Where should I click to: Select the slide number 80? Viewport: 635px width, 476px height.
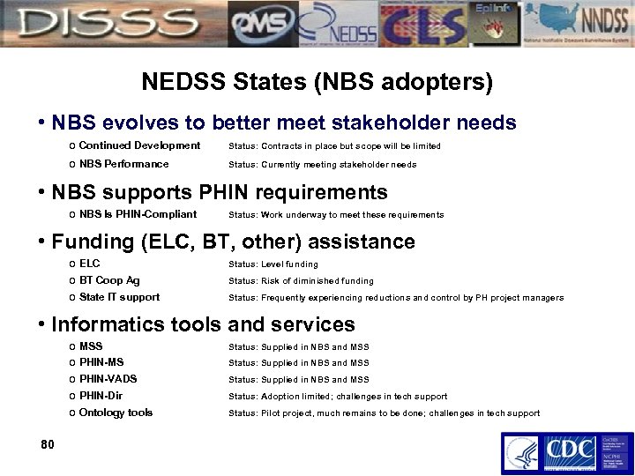(48, 443)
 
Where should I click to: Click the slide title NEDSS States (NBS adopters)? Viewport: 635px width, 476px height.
(317, 83)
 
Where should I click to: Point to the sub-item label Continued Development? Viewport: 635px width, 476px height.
(139, 145)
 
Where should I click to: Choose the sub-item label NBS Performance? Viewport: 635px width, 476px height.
(123, 164)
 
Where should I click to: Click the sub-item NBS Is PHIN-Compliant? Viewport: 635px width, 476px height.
(138, 214)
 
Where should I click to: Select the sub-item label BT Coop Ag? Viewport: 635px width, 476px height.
(109, 280)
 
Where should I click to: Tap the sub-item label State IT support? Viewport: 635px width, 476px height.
(119, 297)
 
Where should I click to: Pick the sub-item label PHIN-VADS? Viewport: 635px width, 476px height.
(108, 379)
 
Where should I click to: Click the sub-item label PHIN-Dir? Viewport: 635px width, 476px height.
(101, 396)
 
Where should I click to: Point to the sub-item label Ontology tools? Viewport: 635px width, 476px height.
(116, 413)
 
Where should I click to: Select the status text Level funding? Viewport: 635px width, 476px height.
(289, 264)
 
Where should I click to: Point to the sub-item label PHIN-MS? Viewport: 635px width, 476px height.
(101, 362)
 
